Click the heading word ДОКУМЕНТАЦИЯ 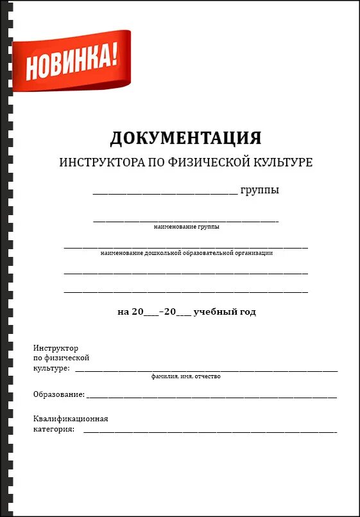pyautogui.click(x=185, y=138)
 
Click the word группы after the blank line pyautogui.click(x=259, y=191)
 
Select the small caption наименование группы pyautogui.click(x=186, y=227)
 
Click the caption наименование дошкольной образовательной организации pyautogui.click(x=186, y=253)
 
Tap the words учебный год pyautogui.click(x=225, y=312)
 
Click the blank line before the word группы pyautogui.click(x=165, y=193)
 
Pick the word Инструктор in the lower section pyautogui.click(x=55, y=347)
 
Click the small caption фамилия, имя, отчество pyautogui.click(x=186, y=376)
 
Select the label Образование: pyautogui.click(x=58, y=394)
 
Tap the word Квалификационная pyautogui.click(x=71, y=419)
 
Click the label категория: pyautogui.click(x=54, y=429)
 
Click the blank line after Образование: pyautogui.click(x=212, y=396)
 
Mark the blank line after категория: pyautogui.click(x=210, y=431)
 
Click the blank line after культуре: pyautogui.click(x=206, y=371)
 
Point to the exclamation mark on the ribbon pyautogui.click(x=114, y=57)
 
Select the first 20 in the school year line pyautogui.click(x=138, y=312)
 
